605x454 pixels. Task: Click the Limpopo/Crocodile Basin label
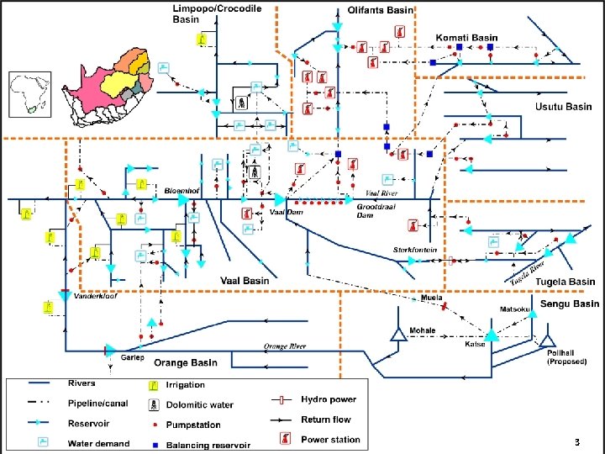(x=217, y=13)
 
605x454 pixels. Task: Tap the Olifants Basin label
(x=381, y=10)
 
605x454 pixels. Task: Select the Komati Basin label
(x=466, y=38)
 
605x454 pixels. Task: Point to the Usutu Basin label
(x=564, y=107)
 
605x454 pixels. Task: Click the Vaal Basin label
(x=245, y=280)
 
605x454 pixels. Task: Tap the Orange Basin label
(x=186, y=362)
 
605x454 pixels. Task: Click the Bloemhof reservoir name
(x=181, y=190)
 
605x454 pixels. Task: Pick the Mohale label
(x=423, y=330)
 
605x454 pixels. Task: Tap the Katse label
(x=474, y=344)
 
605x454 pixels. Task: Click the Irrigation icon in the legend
(x=154, y=386)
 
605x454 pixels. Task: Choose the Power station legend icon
(x=285, y=439)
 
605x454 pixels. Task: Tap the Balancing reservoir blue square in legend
(x=155, y=444)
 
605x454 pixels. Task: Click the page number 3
(x=576, y=442)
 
